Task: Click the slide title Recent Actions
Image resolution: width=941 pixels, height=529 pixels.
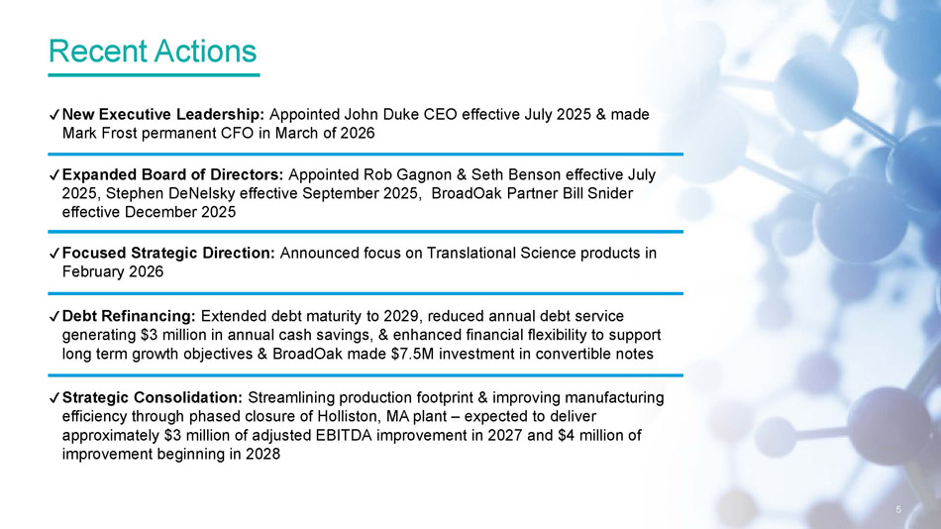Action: (x=153, y=52)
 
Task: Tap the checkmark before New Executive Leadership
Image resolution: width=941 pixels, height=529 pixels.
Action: (x=54, y=115)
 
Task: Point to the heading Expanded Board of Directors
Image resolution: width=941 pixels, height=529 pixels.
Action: (x=172, y=174)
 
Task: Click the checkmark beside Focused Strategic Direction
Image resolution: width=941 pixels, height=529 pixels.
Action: (x=54, y=254)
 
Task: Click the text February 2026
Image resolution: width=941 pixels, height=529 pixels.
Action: (x=113, y=271)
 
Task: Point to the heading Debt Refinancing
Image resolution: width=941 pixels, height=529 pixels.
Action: (x=129, y=316)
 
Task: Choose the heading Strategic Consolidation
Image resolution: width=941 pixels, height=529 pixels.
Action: (x=153, y=397)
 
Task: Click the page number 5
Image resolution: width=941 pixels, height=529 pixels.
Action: (x=898, y=510)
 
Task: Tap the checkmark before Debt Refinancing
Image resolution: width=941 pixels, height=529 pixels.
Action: (x=54, y=316)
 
